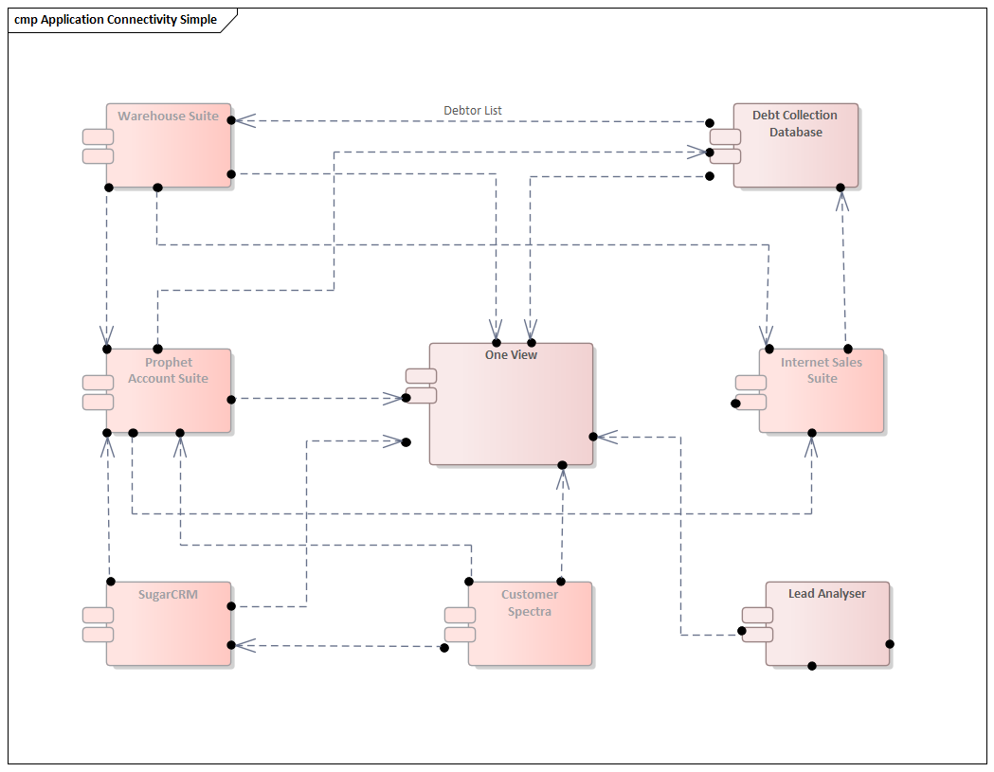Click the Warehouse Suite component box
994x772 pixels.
pos(169,152)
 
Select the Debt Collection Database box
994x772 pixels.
pos(796,152)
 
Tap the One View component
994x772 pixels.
pos(512,407)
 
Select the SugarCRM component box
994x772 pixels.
pos(169,630)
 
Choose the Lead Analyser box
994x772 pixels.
pos(827,630)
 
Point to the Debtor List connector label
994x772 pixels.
pos(473,111)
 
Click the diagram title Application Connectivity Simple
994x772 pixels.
pos(116,20)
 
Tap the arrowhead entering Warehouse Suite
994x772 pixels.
pos(244,120)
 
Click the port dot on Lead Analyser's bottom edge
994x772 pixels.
pos(812,666)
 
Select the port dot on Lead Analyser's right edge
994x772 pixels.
pos(890,644)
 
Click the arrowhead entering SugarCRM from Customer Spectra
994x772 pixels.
pos(244,645)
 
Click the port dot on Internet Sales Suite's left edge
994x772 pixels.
pos(735,404)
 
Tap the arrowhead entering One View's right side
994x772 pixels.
pos(606,437)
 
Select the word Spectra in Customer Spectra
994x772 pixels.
pos(530,612)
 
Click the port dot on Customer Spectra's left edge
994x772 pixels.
pos(443,648)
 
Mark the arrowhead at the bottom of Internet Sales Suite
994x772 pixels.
pos(812,446)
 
